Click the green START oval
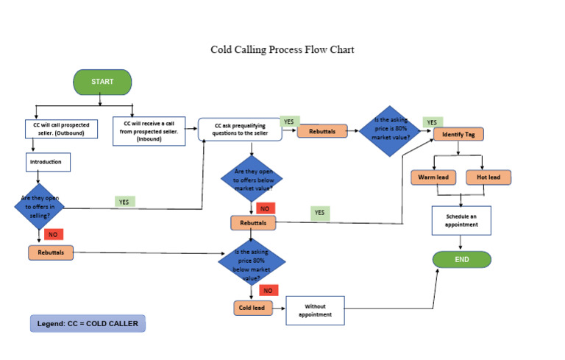102,82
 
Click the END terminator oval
461,259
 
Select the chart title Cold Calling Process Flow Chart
282,50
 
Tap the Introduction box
48,162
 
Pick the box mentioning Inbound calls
149,130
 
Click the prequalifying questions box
240,130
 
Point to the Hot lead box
488,177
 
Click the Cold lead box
254,308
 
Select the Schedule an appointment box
461,220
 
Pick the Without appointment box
315,310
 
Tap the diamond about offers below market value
252,178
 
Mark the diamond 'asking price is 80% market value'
390,130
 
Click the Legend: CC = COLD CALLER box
88,323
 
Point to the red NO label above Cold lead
269,290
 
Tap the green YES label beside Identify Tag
432,122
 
